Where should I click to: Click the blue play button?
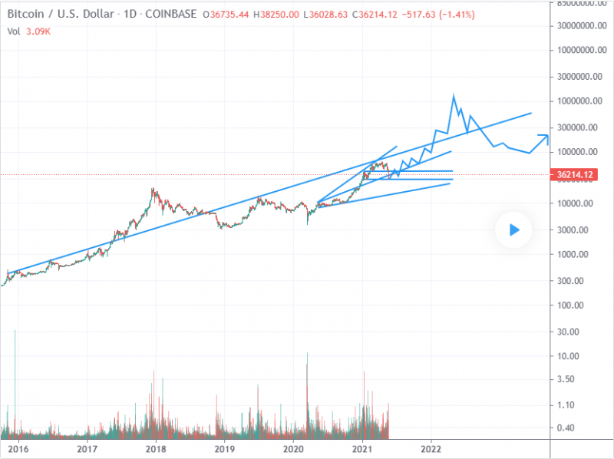(x=514, y=229)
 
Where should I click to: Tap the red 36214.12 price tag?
(x=575, y=175)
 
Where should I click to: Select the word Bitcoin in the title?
(x=24, y=13)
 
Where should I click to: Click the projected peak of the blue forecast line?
(x=454, y=95)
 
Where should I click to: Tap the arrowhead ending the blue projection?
(x=546, y=137)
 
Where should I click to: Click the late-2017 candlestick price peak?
(x=153, y=188)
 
